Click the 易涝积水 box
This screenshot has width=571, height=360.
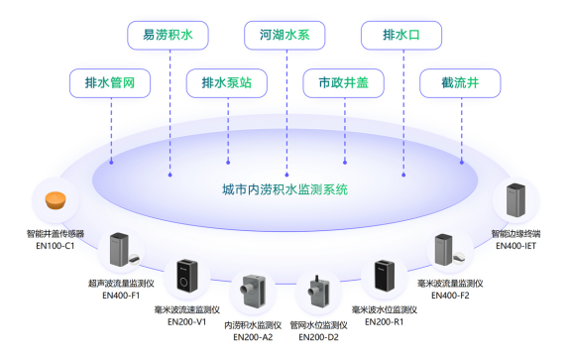pyautogui.click(x=168, y=36)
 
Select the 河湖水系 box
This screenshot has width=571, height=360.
pyautogui.click(x=285, y=36)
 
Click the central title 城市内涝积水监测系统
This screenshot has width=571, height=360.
pyautogui.click(x=285, y=188)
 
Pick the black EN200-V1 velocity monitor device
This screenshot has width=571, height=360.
pyautogui.click(x=188, y=278)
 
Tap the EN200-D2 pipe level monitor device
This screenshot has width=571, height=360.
pyautogui.click(x=316, y=295)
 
